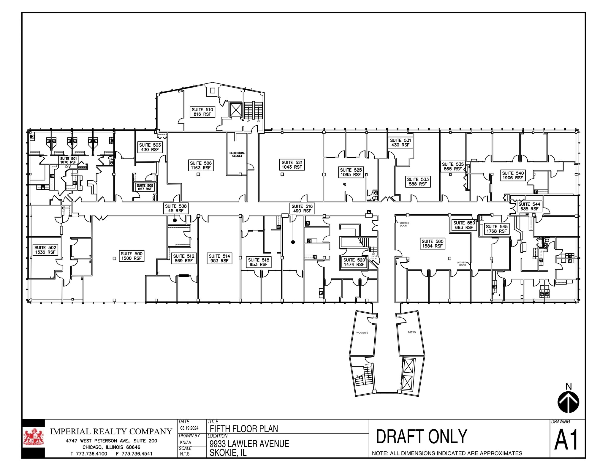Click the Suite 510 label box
tap(202, 112)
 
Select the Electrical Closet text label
tap(237, 154)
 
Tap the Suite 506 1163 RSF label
tap(201, 165)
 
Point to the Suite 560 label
tap(432, 244)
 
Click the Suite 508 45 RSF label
tap(176, 208)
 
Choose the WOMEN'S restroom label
tap(362, 333)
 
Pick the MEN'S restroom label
tap(412, 332)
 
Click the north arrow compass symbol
tap(568, 402)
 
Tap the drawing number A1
tap(566, 441)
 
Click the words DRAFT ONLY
tap(422, 436)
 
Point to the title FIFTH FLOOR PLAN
tap(244, 429)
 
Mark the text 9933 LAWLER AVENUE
tap(249, 444)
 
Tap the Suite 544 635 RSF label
tap(529, 206)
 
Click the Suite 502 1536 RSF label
tap(45, 250)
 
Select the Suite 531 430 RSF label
tap(400, 143)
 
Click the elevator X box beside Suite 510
tap(236, 110)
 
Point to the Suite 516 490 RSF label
tap(302, 208)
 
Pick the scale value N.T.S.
tap(185, 454)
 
